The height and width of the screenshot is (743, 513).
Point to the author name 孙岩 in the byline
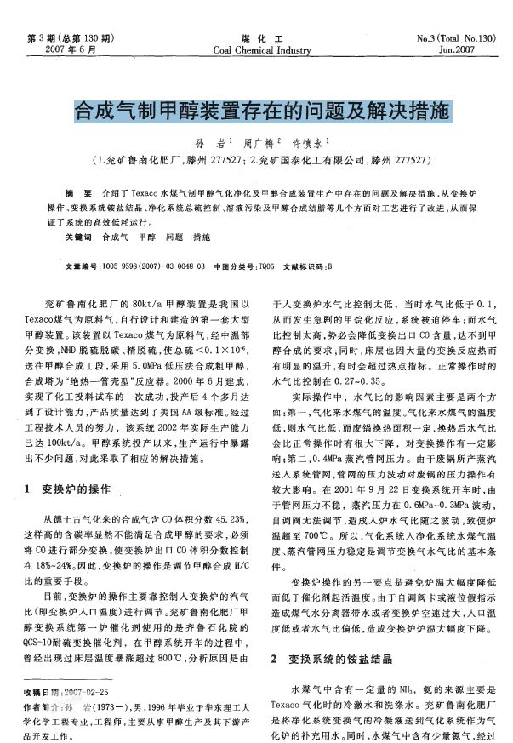205,142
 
